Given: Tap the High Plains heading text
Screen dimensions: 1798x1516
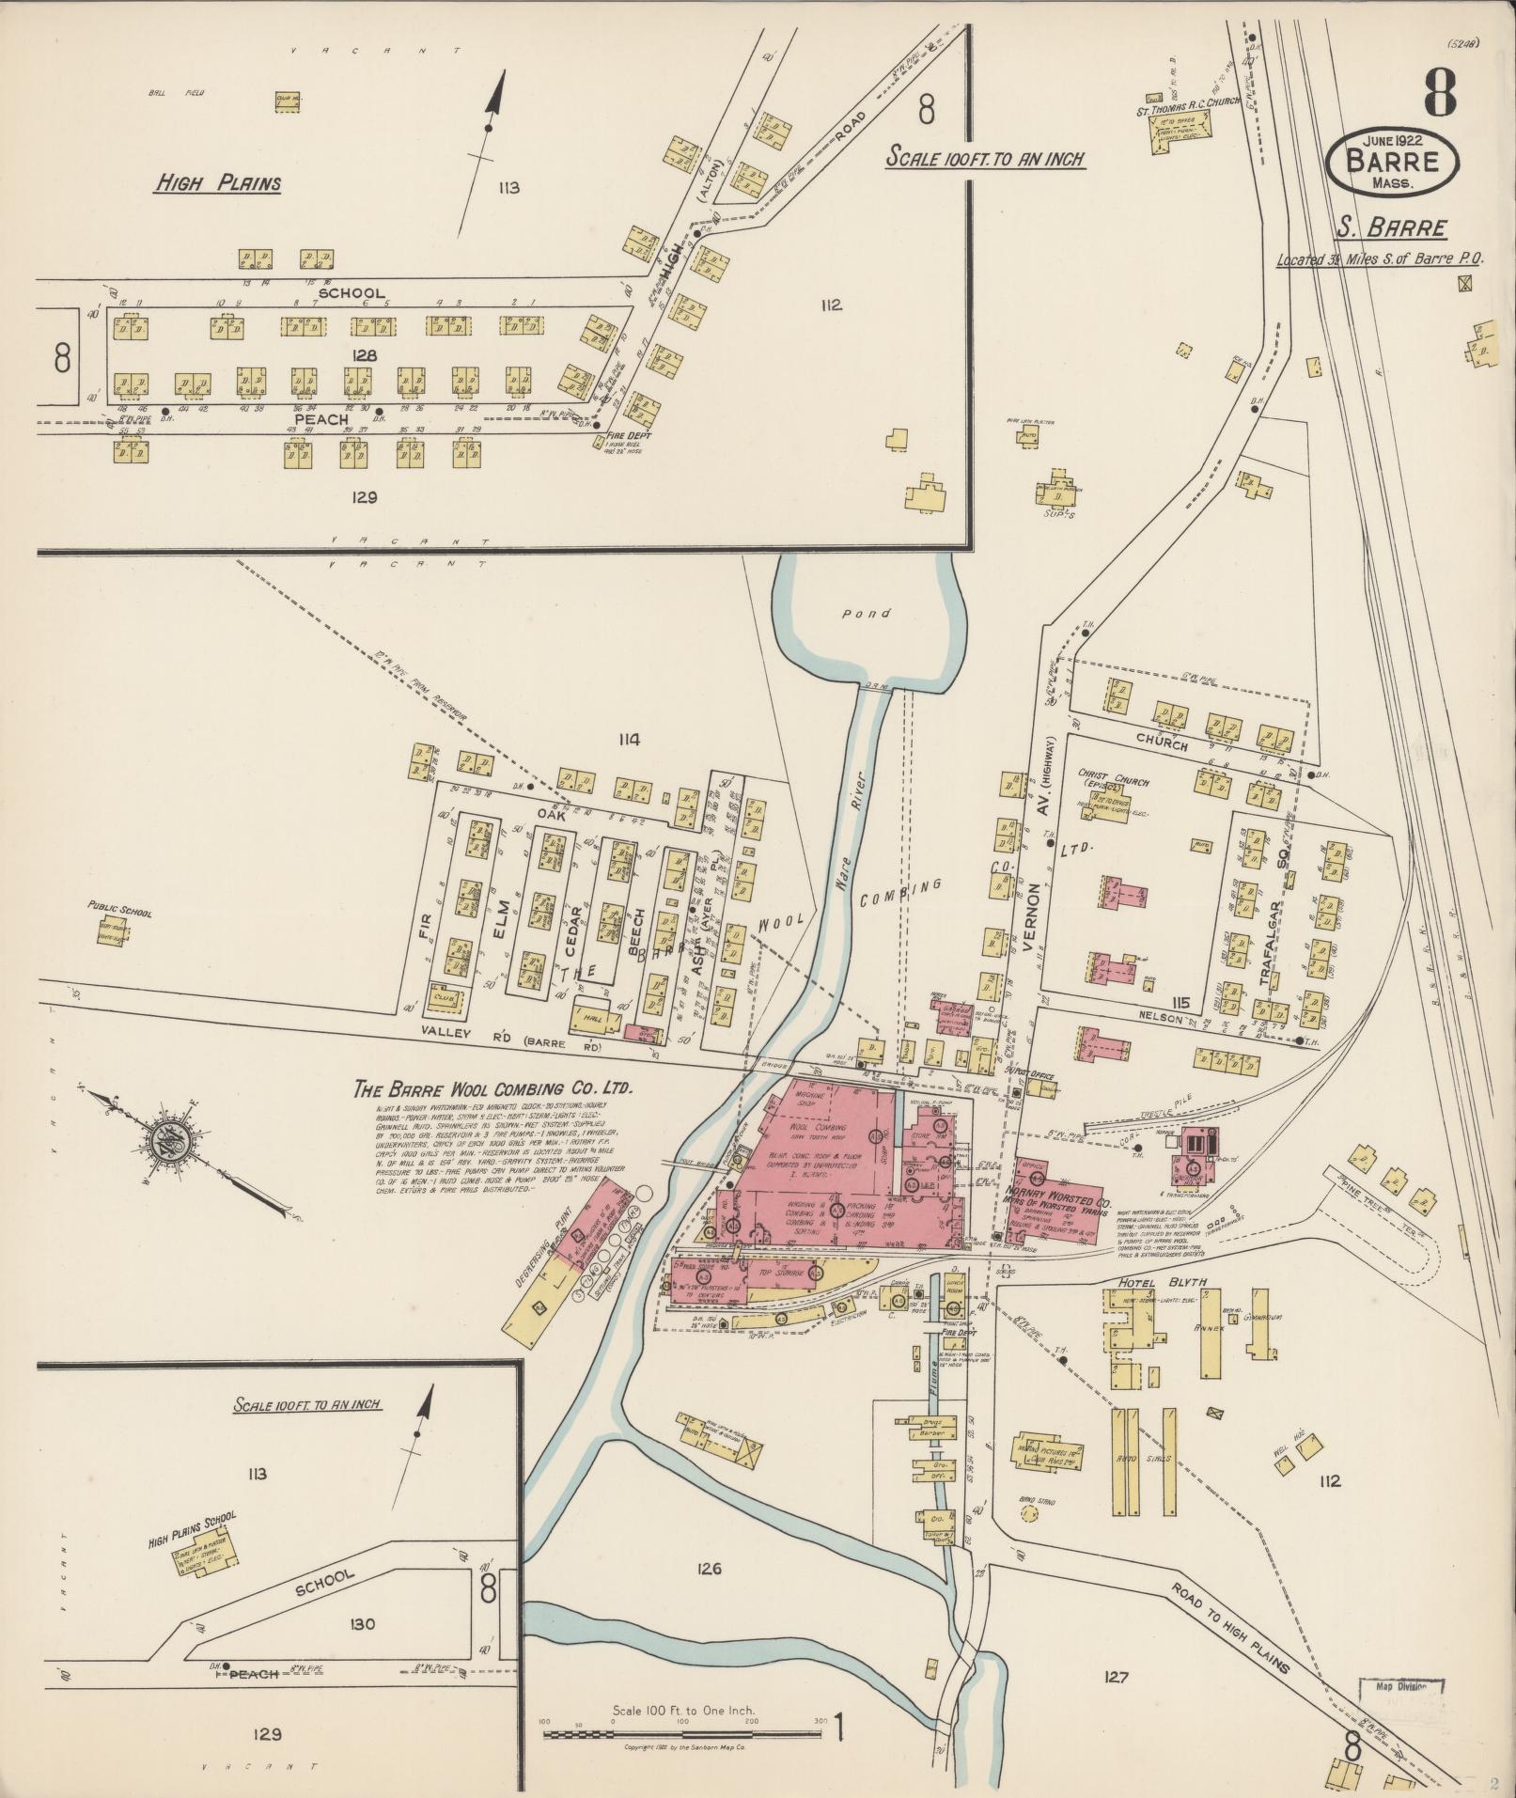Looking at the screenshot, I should point(218,183).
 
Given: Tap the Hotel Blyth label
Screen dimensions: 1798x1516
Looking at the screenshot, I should point(1160,1283).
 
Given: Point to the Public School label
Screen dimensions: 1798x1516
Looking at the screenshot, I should point(119,911).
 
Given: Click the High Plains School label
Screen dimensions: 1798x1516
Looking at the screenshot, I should point(192,1518).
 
